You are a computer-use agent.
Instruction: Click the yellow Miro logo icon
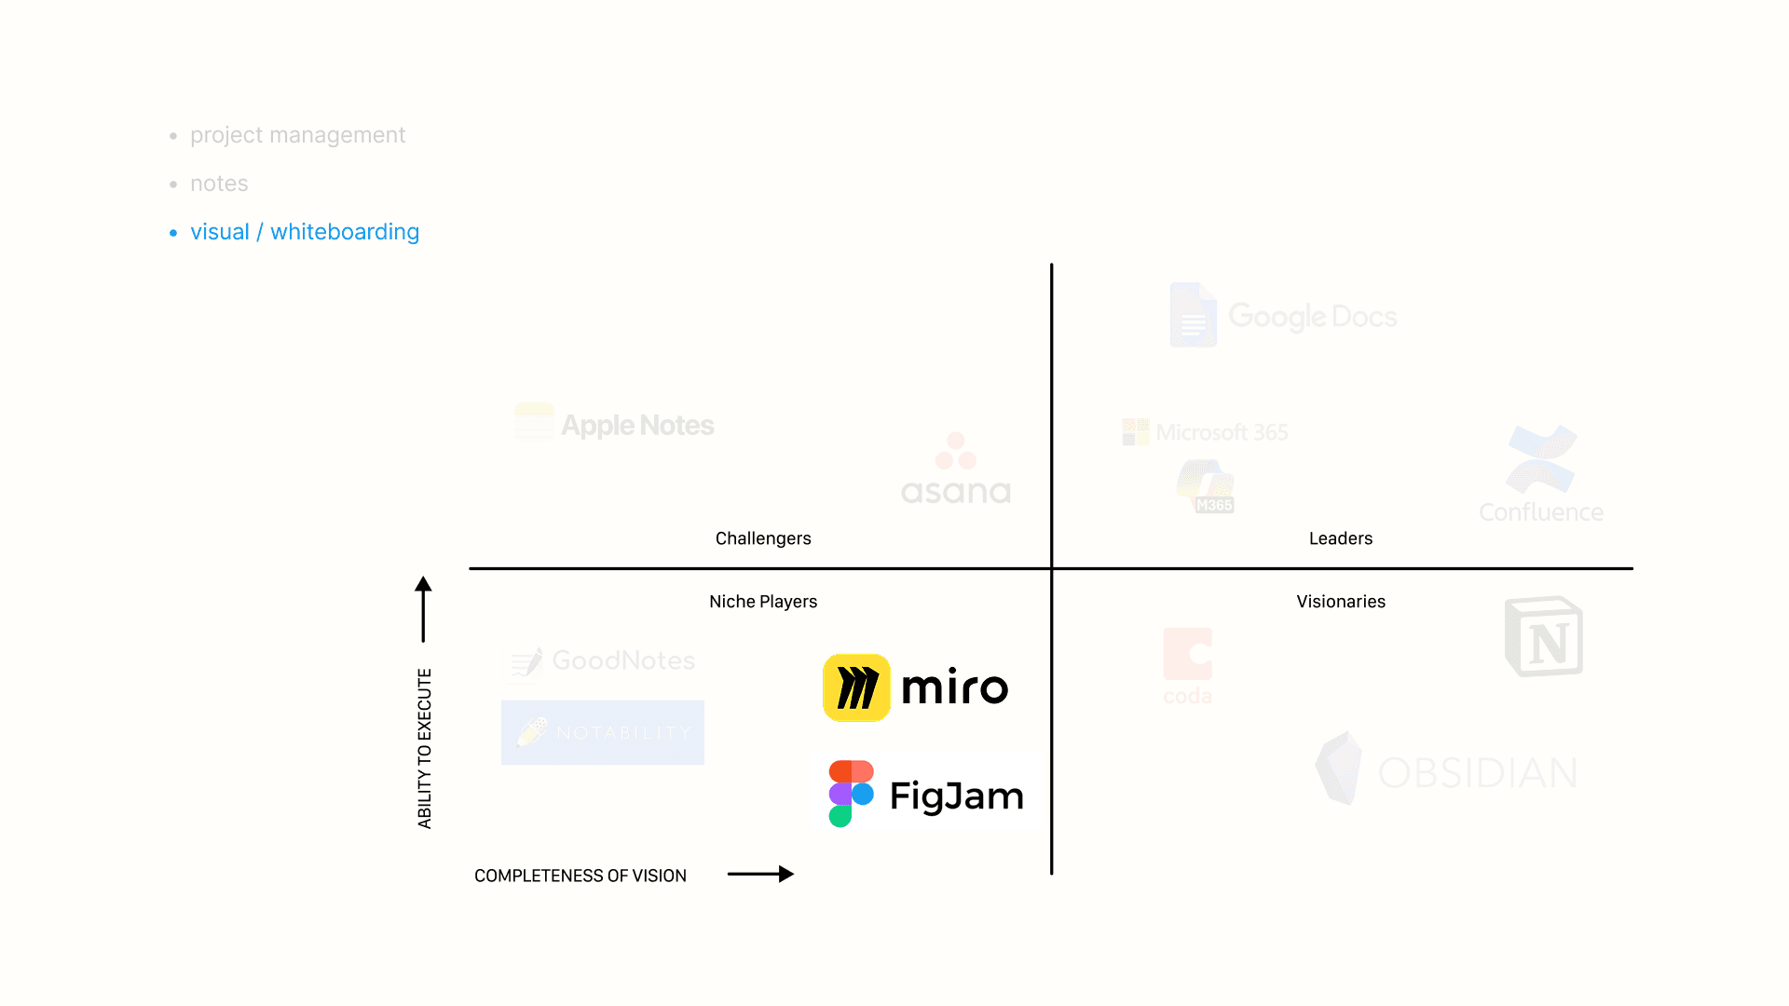[856, 687]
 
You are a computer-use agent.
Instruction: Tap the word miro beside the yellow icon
[954, 688]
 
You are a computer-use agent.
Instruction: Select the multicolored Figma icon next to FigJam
[851, 794]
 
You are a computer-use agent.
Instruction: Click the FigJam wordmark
[956, 796]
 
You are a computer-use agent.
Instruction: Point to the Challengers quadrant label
[763, 538]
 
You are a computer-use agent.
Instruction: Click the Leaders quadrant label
[1340, 538]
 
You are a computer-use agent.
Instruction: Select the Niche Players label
[763, 602]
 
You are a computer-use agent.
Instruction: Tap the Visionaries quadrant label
[1340, 602]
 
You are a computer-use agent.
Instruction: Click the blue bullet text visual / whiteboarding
[305, 232]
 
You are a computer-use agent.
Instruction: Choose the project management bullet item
[297, 135]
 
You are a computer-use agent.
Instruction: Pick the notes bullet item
[219, 184]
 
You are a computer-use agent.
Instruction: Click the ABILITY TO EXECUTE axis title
[425, 748]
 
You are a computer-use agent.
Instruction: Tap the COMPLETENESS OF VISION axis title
[580, 876]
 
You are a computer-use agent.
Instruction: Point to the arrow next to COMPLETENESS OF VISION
[760, 874]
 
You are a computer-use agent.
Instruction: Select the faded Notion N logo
[1544, 637]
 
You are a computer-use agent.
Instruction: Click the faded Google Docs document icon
[1193, 315]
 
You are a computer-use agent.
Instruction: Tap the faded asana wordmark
[956, 492]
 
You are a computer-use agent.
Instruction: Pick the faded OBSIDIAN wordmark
[1477, 773]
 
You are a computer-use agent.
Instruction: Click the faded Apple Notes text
[637, 426]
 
